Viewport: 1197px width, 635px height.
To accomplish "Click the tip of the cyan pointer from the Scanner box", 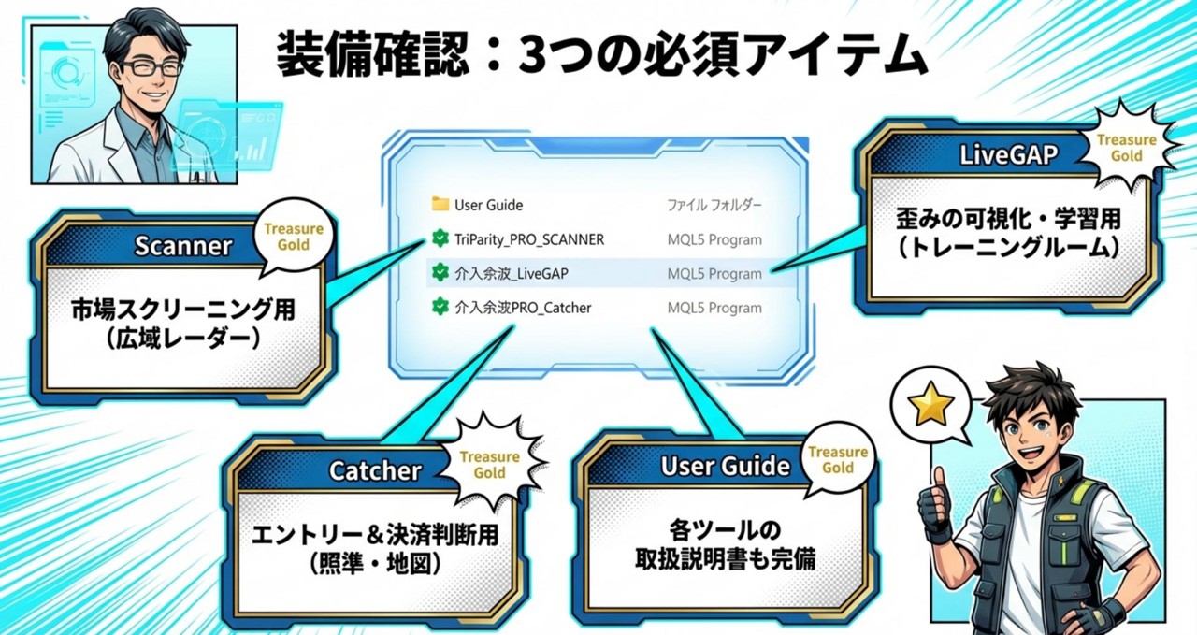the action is pyautogui.click(x=425, y=241).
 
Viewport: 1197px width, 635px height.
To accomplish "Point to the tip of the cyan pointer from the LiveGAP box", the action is pyautogui.click(x=772, y=269).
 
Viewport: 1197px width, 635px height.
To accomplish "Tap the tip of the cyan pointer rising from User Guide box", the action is pyautogui.click(x=653, y=329).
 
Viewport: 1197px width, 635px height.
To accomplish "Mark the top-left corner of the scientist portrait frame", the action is pyautogui.click(x=31, y=25).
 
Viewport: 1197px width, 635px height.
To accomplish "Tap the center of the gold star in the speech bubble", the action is pyautogui.click(x=930, y=405).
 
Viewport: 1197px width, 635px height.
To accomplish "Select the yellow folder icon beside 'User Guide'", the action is pyautogui.click(x=440, y=204).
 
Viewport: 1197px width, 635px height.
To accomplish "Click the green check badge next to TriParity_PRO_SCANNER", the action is pyautogui.click(x=440, y=238).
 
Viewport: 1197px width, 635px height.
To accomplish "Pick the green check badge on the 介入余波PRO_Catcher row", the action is pyautogui.click(x=440, y=307).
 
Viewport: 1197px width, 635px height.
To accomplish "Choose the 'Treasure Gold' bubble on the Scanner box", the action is pyautogui.click(x=294, y=237).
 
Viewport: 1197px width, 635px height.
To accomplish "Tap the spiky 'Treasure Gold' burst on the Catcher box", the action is pyautogui.click(x=489, y=464).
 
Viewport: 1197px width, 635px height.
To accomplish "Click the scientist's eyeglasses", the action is pyautogui.click(x=152, y=68).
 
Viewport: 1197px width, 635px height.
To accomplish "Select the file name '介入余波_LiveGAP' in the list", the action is pyautogui.click(x=512, y=274).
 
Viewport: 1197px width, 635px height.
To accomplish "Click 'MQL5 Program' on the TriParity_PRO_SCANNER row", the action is pyautogui.click(x=714, y=240).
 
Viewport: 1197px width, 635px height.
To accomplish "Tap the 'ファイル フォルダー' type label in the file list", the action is pyautogui.click(x=714, y=205).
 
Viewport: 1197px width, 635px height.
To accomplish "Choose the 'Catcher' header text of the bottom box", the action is pyautogui.click(x=375, y=471).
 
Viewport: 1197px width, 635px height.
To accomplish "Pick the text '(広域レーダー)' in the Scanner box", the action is pyautogui.click(x=182, y=339).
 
